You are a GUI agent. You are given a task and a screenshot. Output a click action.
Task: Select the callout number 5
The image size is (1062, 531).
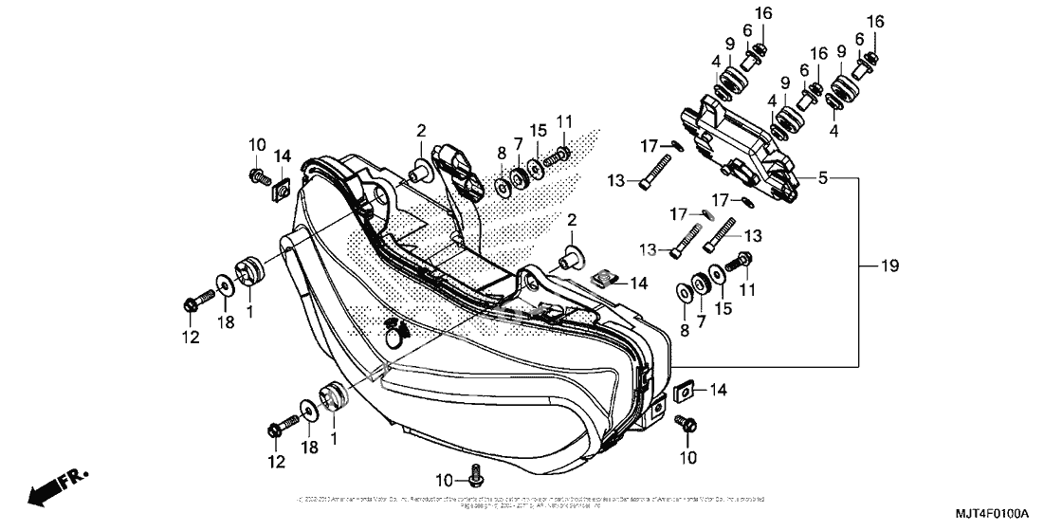823,177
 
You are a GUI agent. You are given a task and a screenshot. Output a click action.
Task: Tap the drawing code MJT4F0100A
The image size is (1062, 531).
997,514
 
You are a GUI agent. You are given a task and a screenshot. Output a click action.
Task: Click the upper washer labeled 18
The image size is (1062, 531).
224,284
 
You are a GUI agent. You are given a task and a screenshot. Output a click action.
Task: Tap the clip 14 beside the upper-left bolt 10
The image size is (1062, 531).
279,193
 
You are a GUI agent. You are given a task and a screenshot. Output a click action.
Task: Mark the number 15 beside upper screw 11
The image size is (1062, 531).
539,129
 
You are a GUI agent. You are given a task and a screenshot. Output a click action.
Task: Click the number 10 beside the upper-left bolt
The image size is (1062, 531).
258,144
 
